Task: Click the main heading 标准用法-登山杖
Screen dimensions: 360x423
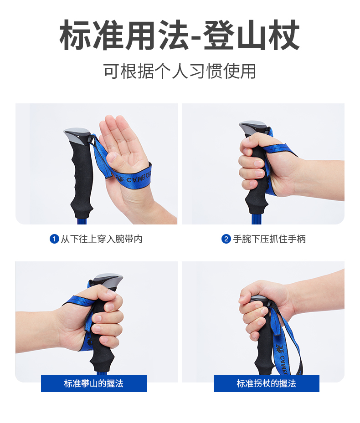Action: tap(180, 35)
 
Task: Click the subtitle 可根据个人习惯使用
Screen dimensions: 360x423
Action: tap(180, 71)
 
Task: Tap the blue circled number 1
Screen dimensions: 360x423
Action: tap(54, 239)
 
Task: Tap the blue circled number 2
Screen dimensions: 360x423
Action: tap(226, 239)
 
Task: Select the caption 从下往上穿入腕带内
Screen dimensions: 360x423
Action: tap(102, 239)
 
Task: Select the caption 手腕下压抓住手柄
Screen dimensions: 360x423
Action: tap(269, 239)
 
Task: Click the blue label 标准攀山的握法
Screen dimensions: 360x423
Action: tap(94, 383)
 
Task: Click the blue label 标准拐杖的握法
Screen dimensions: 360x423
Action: tap(267, 383)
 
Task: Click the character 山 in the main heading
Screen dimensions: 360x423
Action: tap(251, 35)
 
